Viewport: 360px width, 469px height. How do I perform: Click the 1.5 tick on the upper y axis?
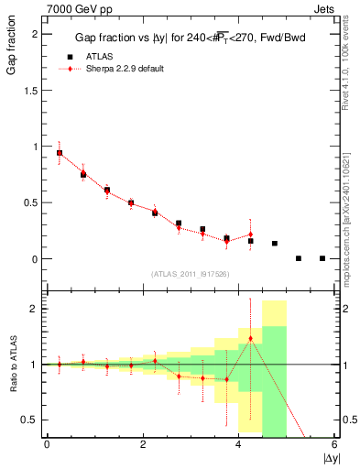[x=32, y=90]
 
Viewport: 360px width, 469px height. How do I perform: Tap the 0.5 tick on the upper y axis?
[x=32, y=202]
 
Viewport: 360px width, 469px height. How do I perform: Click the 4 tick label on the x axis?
[x=239, y=445]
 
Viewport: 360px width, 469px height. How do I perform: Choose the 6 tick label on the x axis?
[x=335, y=445]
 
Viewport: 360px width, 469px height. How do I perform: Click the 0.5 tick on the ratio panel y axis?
[x=32, y=420]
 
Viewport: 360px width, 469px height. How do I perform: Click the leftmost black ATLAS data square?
[x=60, y=153]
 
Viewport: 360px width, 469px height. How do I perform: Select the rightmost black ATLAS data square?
[x=322, y=258]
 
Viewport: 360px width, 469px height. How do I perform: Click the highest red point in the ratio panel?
[x=251, y=339]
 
